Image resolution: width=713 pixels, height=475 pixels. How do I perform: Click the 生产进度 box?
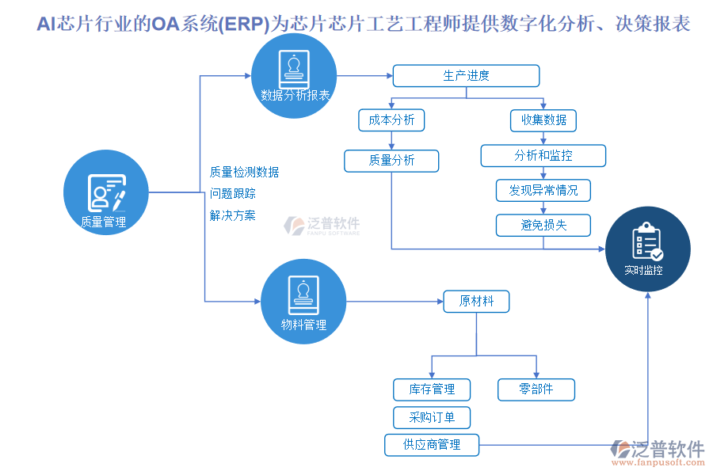[466, 76]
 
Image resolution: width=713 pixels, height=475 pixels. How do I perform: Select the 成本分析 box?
[391, 120]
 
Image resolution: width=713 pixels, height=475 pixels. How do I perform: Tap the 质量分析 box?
[391, 161]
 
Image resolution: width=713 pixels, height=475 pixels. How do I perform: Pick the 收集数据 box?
[543, 120]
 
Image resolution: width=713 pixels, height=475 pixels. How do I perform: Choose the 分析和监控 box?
[543, 155]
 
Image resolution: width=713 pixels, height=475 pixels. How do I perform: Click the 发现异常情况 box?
[543, 191]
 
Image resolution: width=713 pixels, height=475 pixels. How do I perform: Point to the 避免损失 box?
[543, 225]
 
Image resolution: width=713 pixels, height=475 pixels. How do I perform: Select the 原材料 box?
[477, 302]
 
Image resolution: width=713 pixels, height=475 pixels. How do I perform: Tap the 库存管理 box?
[432, 389]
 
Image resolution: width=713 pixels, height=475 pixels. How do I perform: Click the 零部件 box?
[536, 389]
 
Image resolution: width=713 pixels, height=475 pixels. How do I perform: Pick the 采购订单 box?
[432, 417]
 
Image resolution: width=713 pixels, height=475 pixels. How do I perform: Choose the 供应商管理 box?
[432, 445]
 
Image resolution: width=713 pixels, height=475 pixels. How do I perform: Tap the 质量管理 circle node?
[105, 194]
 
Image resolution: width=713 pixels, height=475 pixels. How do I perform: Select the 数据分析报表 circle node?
[295, 76]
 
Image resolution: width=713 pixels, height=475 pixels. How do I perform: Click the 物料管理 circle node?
[303, 302]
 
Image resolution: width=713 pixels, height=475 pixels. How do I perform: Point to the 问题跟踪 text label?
[233, 193]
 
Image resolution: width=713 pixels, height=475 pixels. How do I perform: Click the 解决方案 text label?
[233, 215]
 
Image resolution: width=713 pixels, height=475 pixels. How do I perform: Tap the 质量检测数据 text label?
[244, 172]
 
